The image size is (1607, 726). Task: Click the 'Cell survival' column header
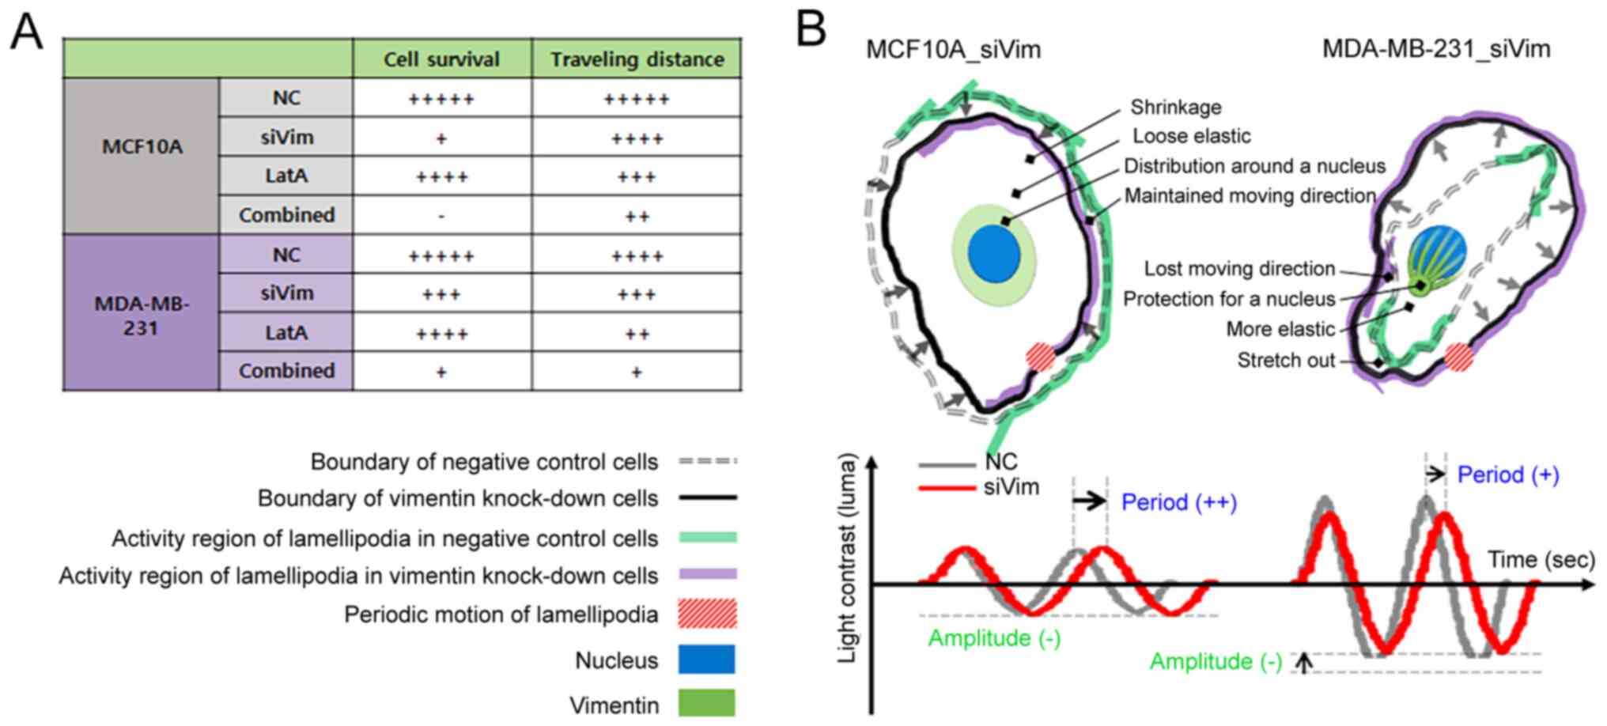[x=441, y=59]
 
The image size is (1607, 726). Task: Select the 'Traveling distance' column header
[x=637, y=59]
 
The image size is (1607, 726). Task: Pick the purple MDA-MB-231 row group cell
[x=142, y=312]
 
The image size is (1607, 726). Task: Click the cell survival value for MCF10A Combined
[x=441, y=215]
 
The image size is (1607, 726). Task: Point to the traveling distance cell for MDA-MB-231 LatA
[x=637, y=333]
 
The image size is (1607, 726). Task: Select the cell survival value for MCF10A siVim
[x=441, y=138]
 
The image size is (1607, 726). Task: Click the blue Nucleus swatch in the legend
[x=706, y=660]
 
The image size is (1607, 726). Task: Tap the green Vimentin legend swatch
[x=706, y=703]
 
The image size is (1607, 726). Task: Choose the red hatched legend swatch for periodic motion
[x=706, y=614]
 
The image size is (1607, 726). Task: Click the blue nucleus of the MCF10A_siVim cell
[x=994, y=253]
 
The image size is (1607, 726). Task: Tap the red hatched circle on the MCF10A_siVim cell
[x=1041, y=357]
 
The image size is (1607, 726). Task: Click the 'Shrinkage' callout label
[x=1175, y=107]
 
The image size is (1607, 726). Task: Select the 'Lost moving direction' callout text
[x=1239, y=269]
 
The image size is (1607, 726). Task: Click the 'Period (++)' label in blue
[x=1179, y=502]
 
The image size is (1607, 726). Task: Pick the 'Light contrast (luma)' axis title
[x=847, y=558]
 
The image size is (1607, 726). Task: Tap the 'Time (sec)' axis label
[x=1541, y=560]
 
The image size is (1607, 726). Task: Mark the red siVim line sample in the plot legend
[x=947, y=488]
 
